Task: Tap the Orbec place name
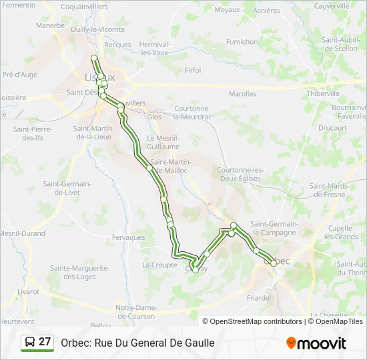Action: tap(278, 261)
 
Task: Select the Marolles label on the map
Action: tap(242, 94)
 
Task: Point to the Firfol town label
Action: tap(193, 70)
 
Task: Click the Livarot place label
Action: tap(28, 291)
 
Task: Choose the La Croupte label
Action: tap(159, 265)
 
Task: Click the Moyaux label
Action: tap(228, 10)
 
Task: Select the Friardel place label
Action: tap(258, 297)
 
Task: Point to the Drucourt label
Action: tap(332, 127)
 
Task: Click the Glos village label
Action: tap(154, 116)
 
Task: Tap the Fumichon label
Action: tap(242, 41)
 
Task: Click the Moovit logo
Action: tap(316, 343)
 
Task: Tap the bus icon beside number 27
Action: tap(30, 342)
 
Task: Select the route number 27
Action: tap(45, 342)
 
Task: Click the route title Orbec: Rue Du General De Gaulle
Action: tap(137, 343)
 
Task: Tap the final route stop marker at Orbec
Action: tap(274, 263)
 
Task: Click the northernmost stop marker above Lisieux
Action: tap(94, 58)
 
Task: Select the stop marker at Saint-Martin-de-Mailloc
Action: tap(149, 168)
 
